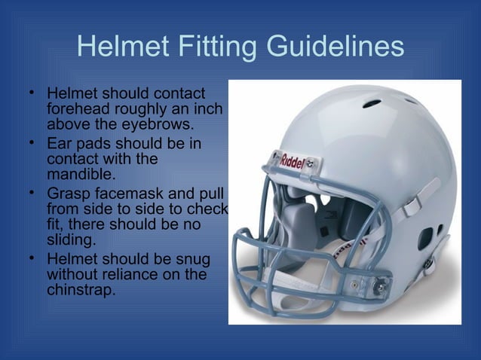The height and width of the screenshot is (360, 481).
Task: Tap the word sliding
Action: (72, 240)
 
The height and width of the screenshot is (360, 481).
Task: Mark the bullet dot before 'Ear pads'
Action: (32, 142)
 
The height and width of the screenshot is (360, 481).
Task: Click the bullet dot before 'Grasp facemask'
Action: (32, 192)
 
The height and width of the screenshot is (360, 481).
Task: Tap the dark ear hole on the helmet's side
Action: (426, 239)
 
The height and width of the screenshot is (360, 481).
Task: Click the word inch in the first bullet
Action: (209, 109)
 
